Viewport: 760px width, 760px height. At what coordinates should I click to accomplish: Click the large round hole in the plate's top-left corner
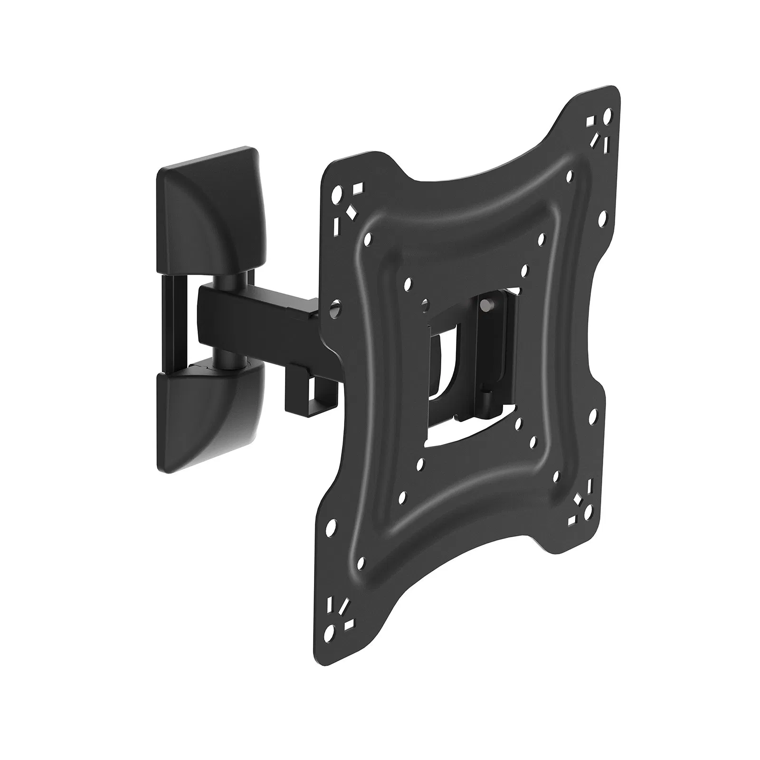[x=338, y=194]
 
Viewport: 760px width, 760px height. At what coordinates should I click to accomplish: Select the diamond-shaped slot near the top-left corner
[x=352, y=211]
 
